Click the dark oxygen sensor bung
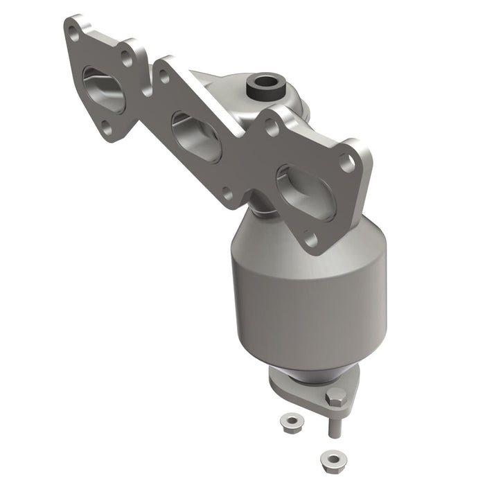pyautogui.click(x=264, y=86)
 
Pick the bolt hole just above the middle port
pyautogui.click(x=165, y=76)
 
